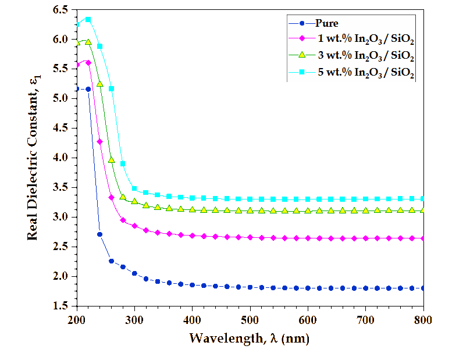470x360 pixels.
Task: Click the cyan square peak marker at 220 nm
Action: click(x=88, y=19)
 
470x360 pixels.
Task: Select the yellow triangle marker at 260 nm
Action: click(x=111, y=159)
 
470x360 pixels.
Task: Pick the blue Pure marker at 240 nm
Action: click(x=99, y=234)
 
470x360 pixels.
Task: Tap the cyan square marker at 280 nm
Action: click(x=123, y=164)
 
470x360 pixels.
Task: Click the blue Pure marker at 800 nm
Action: click(x=423, y=288)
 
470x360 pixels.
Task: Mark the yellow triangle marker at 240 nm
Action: click(x=99, y=84)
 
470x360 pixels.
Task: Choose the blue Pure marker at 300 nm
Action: click(x=134, y=273)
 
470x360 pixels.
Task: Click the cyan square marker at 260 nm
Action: click(x=111, y=89)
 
